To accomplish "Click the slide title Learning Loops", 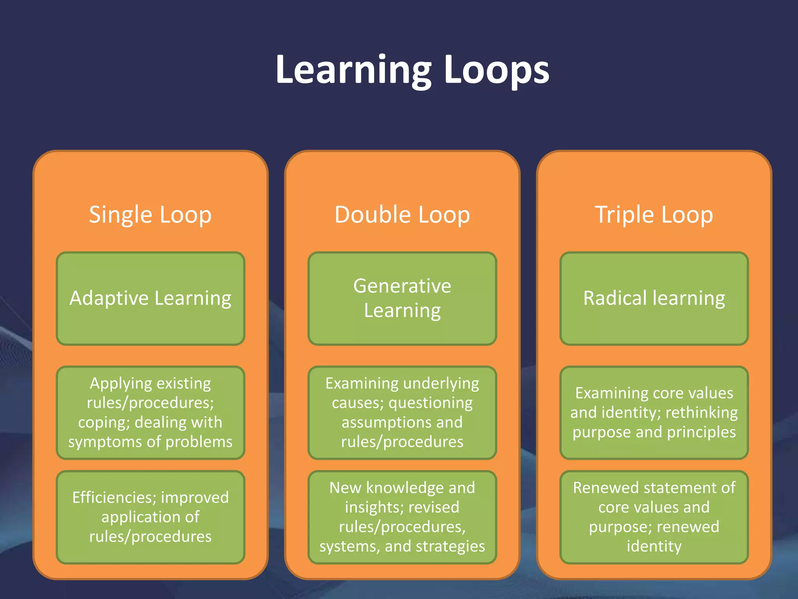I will tap(412, 70).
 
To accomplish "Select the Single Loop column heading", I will tap(150, 215).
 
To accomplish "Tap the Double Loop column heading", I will tap(402, 215).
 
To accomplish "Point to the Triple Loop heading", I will tap(654, 215).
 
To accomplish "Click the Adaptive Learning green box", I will tap(150, 298).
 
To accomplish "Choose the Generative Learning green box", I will tap(402, 298).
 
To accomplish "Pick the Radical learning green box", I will tap(654, 298).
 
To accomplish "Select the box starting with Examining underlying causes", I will tap(402, 413).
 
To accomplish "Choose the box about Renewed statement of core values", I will tap(654, 517).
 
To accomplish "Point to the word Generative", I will tap(402, 286).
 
